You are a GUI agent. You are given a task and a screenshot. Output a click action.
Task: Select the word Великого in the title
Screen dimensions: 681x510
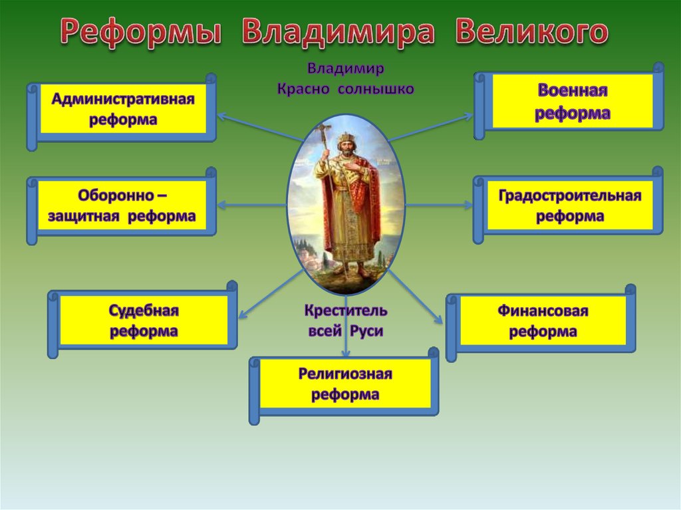point(531,31)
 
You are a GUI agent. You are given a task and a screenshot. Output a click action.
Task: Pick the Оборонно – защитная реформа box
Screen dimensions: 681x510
point(122,206)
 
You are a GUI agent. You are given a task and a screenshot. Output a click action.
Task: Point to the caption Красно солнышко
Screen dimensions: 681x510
point(345,90)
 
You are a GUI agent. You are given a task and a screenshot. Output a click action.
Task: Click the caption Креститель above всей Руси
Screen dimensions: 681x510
point(345,311)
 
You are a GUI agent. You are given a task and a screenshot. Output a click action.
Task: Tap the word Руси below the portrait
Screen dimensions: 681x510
point(366,331)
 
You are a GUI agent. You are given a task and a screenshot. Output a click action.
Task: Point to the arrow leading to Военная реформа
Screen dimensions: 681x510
point(430,128)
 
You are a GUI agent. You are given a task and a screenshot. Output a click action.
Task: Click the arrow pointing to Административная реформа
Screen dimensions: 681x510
point(260,128)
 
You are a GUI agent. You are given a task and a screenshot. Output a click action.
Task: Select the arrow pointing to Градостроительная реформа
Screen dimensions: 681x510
point(439,205)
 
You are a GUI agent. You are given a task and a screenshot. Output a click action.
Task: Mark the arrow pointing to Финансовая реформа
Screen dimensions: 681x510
point(416,297)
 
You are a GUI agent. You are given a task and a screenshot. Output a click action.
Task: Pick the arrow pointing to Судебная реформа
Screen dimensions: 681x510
point(271,294)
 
